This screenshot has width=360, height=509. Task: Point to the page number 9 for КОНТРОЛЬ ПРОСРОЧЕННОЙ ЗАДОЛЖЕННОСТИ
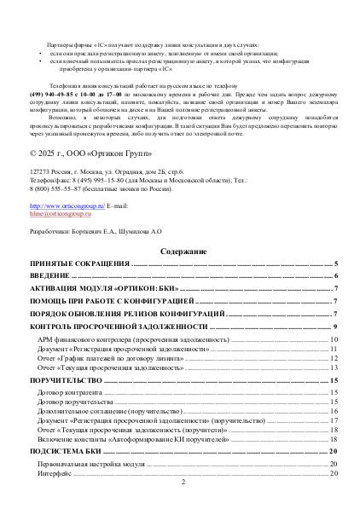[337, 327]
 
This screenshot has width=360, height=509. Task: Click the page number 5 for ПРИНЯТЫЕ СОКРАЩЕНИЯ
[337, 265]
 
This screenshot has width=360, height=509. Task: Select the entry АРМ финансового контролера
[121, 339]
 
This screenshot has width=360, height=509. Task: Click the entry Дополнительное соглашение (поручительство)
[110, 411]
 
